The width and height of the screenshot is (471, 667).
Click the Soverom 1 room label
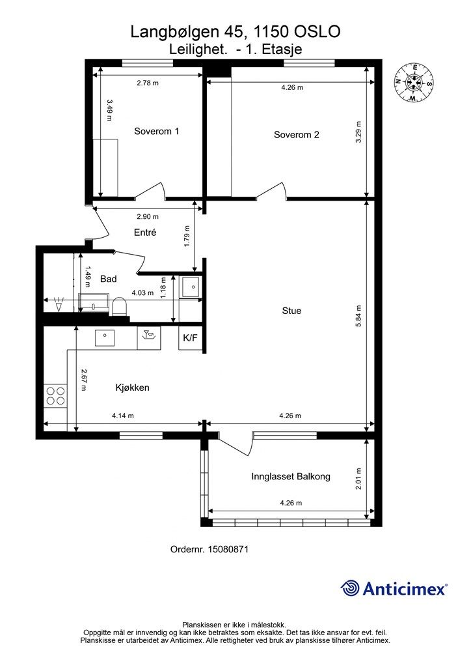click(156, 131)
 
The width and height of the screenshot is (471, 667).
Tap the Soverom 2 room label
click(297, 135)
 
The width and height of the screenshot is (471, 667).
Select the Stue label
click(291, 311)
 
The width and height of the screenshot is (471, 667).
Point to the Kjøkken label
click(133, 388)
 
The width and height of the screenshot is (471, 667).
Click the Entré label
click(145, 233)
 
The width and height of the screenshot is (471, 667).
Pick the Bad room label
click(108, 279)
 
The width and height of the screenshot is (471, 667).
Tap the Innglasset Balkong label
click(291, 476)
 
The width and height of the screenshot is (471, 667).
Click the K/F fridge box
click(190, 338)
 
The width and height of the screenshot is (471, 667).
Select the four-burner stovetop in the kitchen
click(55, 395)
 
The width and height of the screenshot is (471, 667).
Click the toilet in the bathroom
click(119, 307)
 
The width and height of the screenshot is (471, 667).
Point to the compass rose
click(413, 83)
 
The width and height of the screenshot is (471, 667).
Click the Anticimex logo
click(394, 589)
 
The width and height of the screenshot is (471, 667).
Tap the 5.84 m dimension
click(358, 316)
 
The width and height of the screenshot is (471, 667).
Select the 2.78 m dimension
click(148, 83)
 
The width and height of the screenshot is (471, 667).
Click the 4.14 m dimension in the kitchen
click(123, 416)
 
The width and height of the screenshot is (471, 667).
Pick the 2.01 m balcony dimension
click(358, 479)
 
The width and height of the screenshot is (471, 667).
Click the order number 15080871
click(228, 549)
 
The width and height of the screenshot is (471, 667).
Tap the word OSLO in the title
click(317, 31)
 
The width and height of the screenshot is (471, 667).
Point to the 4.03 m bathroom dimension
click(142, 292)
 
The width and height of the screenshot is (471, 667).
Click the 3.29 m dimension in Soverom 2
click(358, 132)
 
